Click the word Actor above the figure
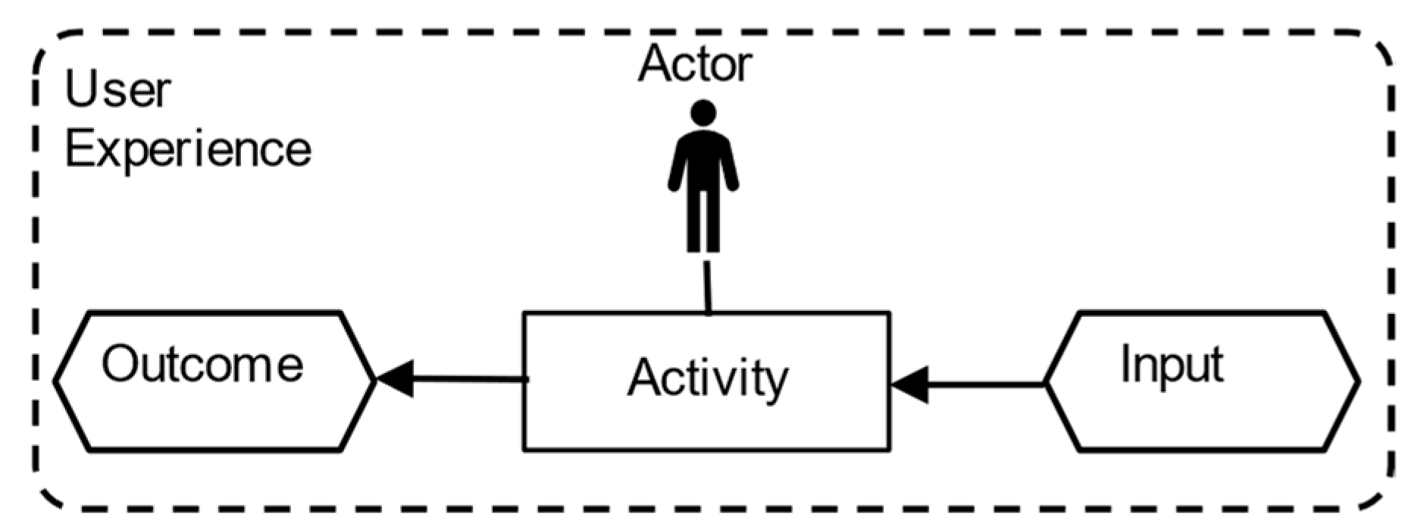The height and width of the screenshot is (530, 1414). click(x=695, y=64)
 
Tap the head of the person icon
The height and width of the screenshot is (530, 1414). click(x=703, y=114)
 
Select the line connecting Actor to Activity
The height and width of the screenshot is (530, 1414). click(x=708, y=287)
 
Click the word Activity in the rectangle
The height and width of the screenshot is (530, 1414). click(x=708, y=378)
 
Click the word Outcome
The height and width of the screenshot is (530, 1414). click(x=202, y=364)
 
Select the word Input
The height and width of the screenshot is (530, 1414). click(x=1172, y=365)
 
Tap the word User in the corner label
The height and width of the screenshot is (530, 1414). click(x=117, y=89)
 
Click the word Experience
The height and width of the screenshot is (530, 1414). click(x=188, y=149)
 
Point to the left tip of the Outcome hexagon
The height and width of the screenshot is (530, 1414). click(x=56, y=381)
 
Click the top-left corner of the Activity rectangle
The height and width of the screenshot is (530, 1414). click(x=524, y=312)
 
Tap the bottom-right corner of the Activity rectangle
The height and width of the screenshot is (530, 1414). click(x=890, y=450)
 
